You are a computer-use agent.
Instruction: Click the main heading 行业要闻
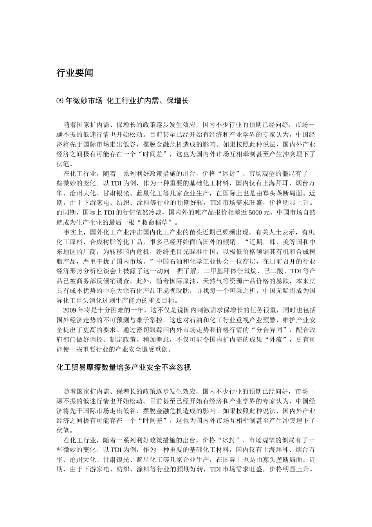(x=75, y=73)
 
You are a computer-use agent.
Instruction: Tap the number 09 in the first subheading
(x=60, y=101)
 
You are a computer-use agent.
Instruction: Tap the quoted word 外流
(x=274, y=339)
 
